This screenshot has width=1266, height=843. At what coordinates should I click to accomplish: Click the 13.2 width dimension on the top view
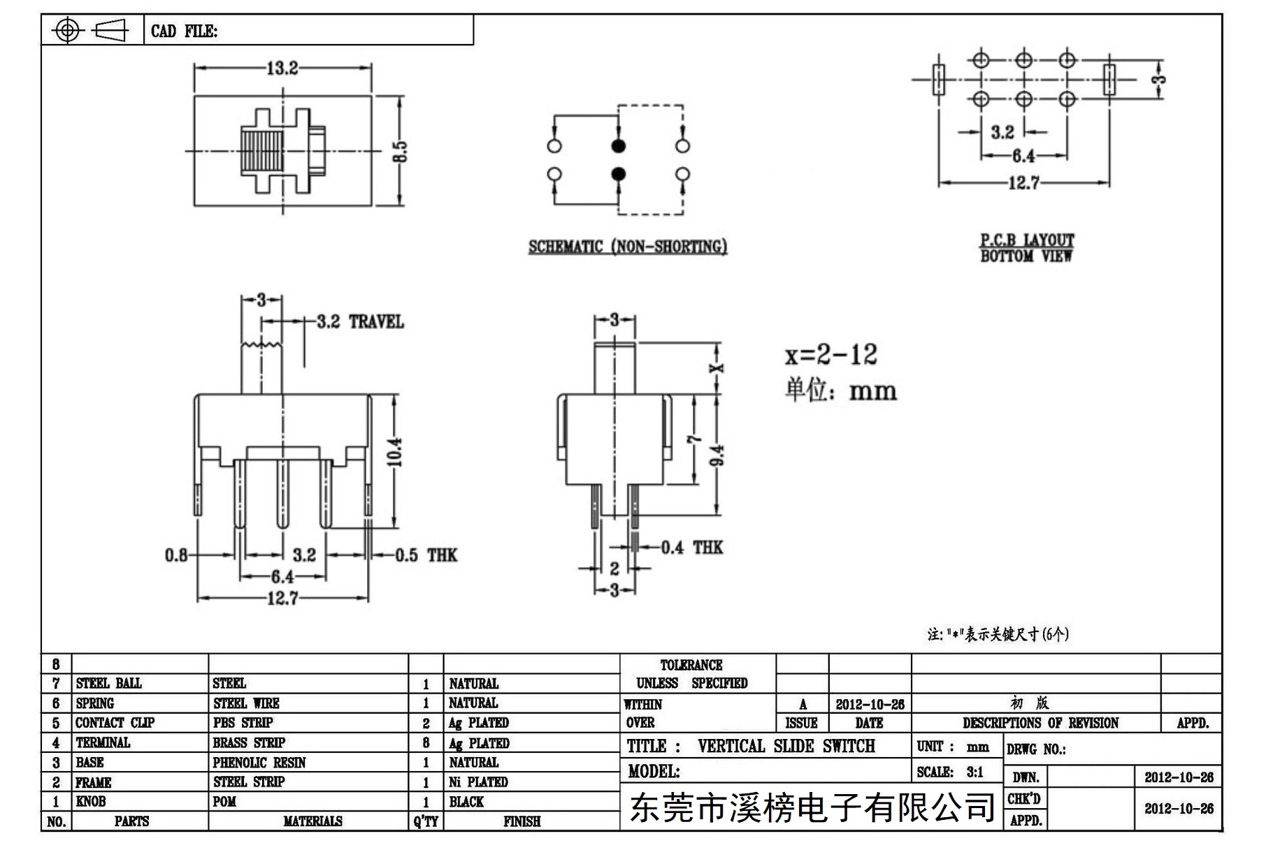click(282, 68)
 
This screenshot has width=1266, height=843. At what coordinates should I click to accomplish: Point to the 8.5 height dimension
click(400, 152)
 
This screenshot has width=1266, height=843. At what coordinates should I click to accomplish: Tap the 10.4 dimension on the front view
click(394, 452)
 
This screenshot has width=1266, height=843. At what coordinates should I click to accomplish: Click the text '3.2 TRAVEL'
click(360, 322)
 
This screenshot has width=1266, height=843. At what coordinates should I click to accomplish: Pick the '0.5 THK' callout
click(426, 555)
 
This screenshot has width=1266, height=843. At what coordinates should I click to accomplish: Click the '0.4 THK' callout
click(692, 547)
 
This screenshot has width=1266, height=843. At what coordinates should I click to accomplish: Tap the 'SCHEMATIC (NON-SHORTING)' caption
click(628, 247)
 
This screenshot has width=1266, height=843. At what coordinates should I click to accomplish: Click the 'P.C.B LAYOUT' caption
click(1026, 240)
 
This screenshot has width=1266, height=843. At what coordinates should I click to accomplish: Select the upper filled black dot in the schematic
click(618, 146)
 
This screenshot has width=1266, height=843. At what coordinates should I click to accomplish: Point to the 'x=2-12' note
click(830, 355)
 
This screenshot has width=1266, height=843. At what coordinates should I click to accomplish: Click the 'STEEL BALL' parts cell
click(108, 683)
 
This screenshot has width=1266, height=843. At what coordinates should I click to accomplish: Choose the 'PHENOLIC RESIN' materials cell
click(259, 762)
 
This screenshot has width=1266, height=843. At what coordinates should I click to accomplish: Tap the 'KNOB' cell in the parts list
click(91, 801)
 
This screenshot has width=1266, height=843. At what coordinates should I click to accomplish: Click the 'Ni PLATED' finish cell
click(478, 782)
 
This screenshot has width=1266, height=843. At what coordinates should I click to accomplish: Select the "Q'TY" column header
click(426, 821)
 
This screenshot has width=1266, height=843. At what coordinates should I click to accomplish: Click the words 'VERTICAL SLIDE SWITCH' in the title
click(786, 746)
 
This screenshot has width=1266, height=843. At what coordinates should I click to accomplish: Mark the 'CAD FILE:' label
click(184, 31)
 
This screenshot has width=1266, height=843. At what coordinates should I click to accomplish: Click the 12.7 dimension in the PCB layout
click(1023, 183)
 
